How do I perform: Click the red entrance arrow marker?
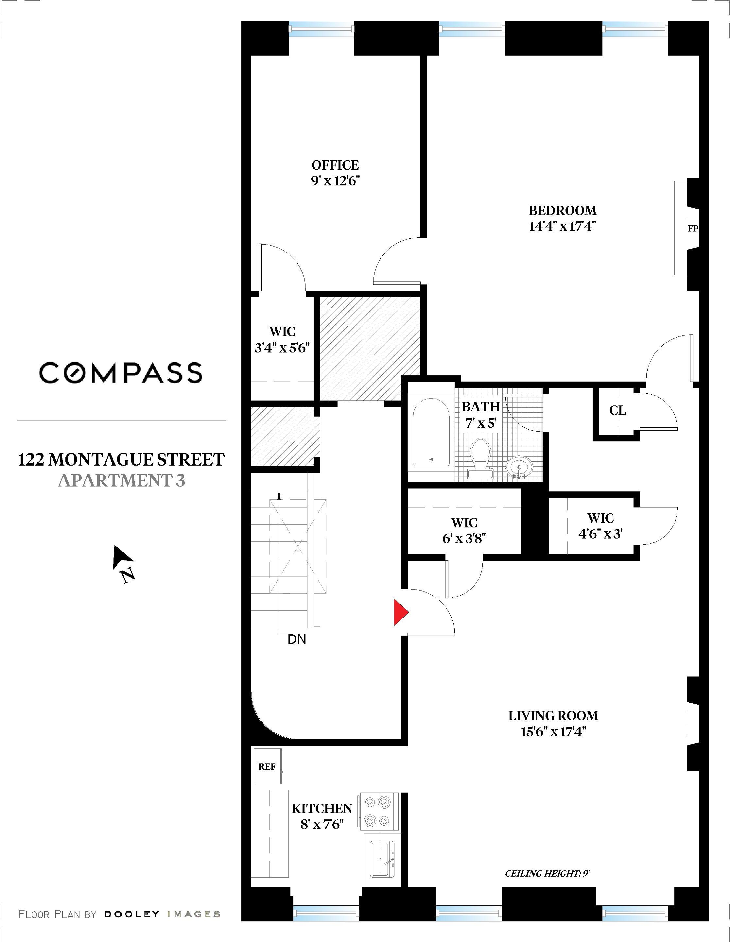pos(400,612)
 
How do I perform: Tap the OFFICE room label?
pos(335,165)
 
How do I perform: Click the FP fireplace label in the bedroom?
pos(692,229)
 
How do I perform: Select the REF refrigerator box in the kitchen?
pos(267,766)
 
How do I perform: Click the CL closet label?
pos(617,411)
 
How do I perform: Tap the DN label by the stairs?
pos(297,640)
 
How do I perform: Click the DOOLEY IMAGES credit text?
pos(162,914)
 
